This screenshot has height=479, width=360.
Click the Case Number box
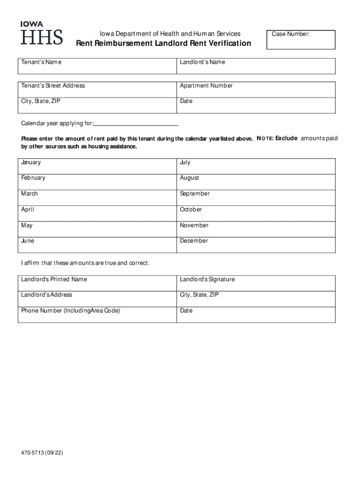point(301,40)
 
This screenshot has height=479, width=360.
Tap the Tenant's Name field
point(97,66)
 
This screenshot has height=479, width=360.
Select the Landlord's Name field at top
point(256,66)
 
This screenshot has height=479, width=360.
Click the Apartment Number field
point(256,90)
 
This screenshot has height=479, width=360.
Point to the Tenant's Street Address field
point(97,90)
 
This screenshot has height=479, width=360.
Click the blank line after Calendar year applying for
point(137,123)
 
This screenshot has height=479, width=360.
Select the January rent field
point(97,166)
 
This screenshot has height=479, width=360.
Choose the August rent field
point(256,182)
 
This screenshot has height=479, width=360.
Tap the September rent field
point(256,197)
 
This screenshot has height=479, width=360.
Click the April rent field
point(97,213)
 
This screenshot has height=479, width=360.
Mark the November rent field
point(256,229)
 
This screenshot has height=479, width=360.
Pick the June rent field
point(97,245)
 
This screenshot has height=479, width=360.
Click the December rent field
point(256,245)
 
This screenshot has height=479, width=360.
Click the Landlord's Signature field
point(256,283)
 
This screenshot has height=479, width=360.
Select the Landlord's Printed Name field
point(97,283)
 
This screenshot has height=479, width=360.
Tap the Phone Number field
point(97,315)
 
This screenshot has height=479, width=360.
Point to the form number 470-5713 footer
point(42,453)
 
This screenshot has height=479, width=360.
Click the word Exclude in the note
point(286,138)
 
